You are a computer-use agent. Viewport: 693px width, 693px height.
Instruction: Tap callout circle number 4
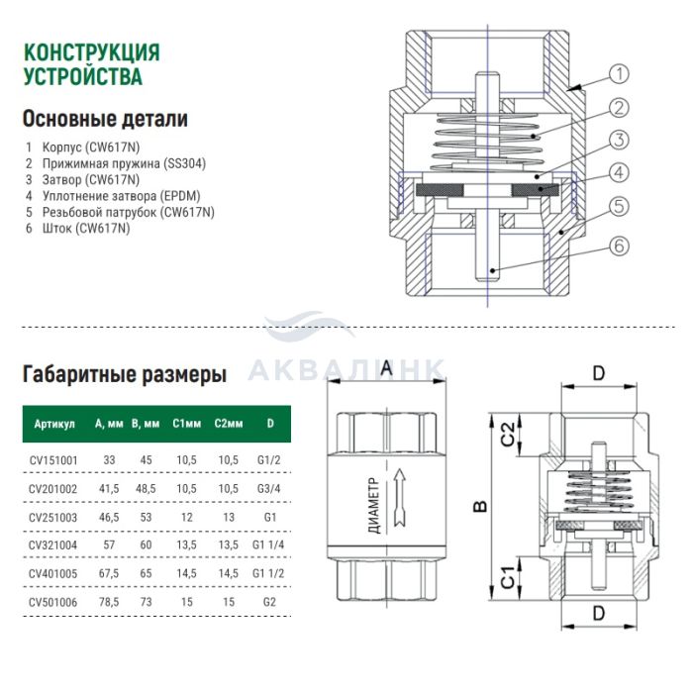point(619,172)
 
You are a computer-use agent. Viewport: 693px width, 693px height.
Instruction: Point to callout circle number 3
point(619,140)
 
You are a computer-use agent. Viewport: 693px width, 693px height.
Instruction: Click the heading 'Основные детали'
point(104,119)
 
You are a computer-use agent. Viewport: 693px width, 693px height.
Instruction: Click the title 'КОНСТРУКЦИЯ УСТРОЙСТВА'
point(90,63)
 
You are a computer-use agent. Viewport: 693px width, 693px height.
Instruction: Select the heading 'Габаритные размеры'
point(124,375)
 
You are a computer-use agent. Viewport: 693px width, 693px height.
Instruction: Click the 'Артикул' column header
point(54,423)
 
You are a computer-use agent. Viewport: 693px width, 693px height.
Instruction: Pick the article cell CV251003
point(55,516)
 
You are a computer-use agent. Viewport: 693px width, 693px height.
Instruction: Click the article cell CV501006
point(55,600)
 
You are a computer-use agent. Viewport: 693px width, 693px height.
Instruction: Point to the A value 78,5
point(109,600)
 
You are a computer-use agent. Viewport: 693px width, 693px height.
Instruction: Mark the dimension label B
point(479,507)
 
